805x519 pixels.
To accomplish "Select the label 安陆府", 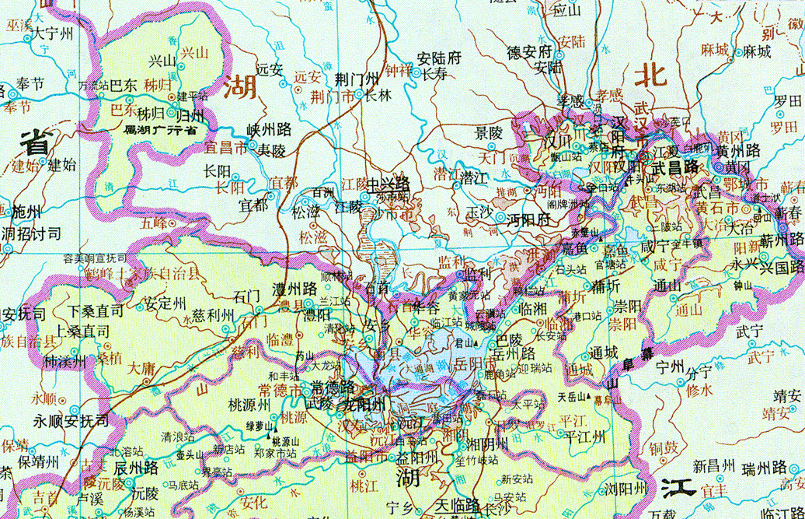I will (x=439, y=58).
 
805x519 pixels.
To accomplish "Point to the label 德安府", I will (x=529, y=52).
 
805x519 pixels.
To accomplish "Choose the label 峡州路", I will (x=268, y=128).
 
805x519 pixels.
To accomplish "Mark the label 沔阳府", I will (x=528, y=219).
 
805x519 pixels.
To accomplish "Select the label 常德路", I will (x=333, y=387).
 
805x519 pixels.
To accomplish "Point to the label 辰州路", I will (x=137, y=467).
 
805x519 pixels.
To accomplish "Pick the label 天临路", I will (x=458, y=504).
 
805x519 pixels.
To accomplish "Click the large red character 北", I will (x=650, y=75).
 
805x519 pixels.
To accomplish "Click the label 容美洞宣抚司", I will (x=95, y=258).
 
